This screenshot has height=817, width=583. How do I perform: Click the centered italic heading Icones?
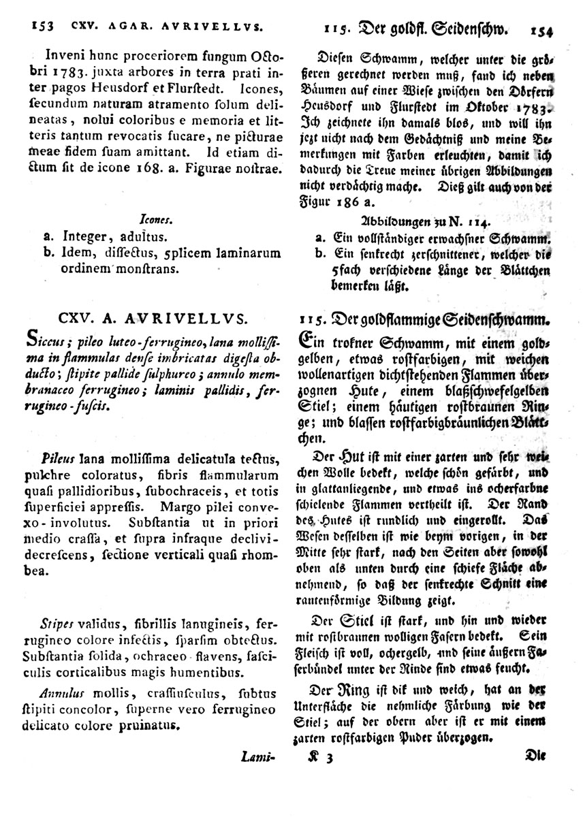click(x=156, y=220)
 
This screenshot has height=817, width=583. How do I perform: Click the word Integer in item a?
click(x=82, y=237)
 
